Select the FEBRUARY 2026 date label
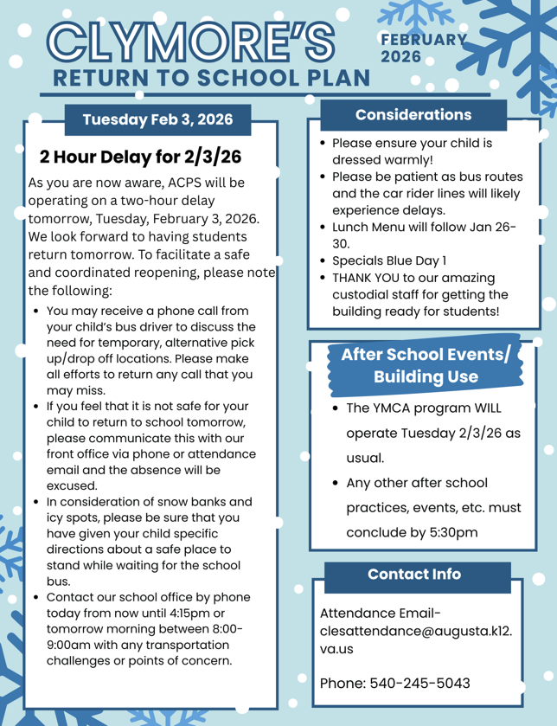pos(422,48)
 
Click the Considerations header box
pos(413,114)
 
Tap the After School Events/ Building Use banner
pos(426,365)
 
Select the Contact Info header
pos(413,574)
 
